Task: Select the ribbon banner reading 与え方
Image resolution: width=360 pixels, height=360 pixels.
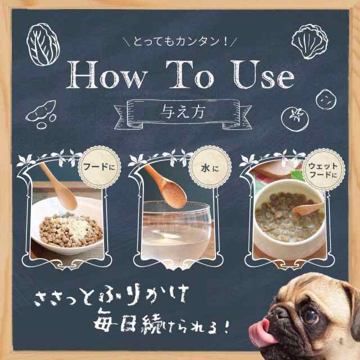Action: click(179, 108)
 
